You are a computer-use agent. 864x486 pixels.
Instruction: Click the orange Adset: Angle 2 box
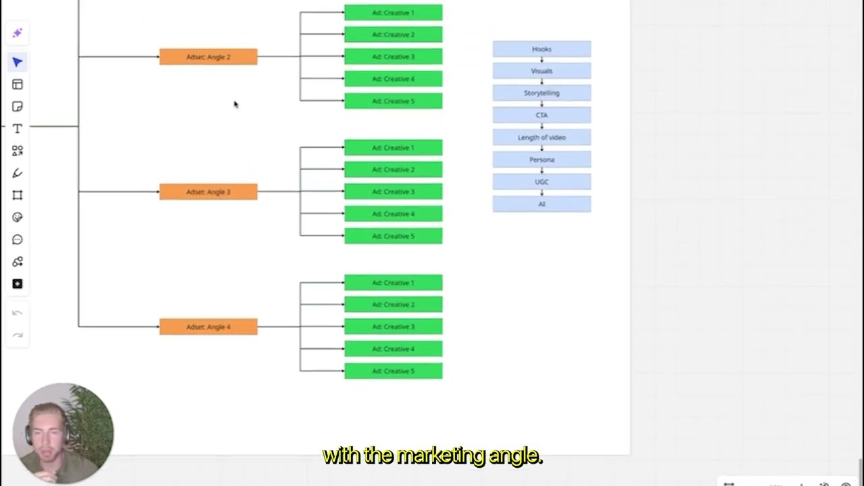[x=208, y=57]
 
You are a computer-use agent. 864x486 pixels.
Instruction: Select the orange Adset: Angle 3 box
[x=208, y=192]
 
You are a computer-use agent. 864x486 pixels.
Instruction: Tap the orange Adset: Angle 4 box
[x=208, y=327]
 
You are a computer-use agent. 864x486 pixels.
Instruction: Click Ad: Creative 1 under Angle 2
[x=393, y=13]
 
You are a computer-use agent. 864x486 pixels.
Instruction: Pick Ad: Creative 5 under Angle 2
[x=393, y=101]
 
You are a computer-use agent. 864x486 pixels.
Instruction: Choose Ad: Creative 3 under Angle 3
[x=393, y=192]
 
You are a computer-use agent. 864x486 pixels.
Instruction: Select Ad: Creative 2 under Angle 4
[x=393, y=304]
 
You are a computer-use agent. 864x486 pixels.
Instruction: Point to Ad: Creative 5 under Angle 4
[x=393, y=371]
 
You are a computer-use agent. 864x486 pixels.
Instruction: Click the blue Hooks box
[x=541, y=49]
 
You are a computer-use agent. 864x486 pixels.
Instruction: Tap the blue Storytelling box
[x=541, y=93]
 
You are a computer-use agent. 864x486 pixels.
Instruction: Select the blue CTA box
[x=541, y=115]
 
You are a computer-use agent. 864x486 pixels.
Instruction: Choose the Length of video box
[x=541, y=138]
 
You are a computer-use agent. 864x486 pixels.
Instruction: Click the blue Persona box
[x=541, y=160]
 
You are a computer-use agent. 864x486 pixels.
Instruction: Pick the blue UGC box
[x=541, y=182]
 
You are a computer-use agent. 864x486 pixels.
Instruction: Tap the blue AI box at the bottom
[x=541, y=204]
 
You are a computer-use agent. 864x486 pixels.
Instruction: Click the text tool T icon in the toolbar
[x=18, y=129]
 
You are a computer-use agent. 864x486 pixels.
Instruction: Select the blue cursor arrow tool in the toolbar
[x=18, y=63]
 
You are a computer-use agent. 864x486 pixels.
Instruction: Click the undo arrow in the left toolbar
[x=18, y=313]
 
